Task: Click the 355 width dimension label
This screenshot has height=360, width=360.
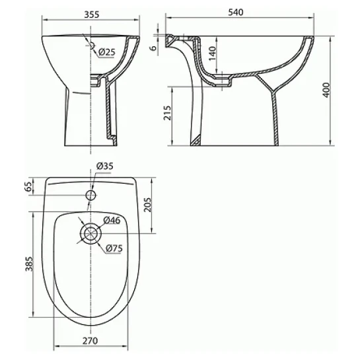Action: click(92, 15)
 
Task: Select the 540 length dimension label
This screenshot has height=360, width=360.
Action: click(236, 12)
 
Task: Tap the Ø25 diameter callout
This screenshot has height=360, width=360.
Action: click(106, 52)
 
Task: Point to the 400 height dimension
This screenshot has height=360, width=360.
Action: click(326, 90)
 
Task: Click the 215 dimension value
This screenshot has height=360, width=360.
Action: click(168, 113)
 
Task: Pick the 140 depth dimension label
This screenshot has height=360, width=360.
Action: click(213, 53)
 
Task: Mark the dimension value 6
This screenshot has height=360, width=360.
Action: click(154, 48)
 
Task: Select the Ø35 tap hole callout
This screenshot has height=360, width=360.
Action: click(105, 166)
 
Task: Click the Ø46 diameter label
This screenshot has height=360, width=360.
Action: click(112, 220)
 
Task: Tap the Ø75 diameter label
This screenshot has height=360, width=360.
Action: click(114, 248)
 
